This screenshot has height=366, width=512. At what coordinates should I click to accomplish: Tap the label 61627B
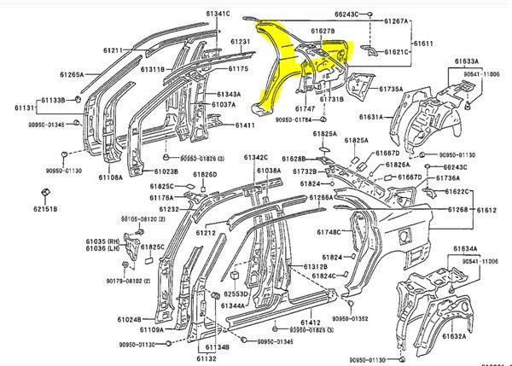click(323, 32)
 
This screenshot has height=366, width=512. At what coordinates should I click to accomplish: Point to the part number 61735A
click(391, 89)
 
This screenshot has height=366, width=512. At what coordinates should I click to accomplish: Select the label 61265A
click(71, 74)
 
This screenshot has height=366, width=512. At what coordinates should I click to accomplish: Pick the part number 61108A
click(110, 177)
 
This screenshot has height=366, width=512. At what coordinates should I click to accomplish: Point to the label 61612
click(487, 210)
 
